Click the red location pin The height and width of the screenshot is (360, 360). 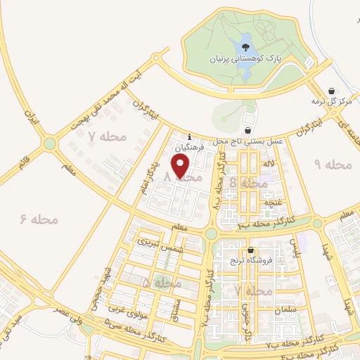[181, 167]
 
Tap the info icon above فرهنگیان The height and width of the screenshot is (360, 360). [189, 136]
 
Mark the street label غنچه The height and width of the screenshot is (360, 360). [273, 202]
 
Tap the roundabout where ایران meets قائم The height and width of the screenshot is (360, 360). [49, 144]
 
